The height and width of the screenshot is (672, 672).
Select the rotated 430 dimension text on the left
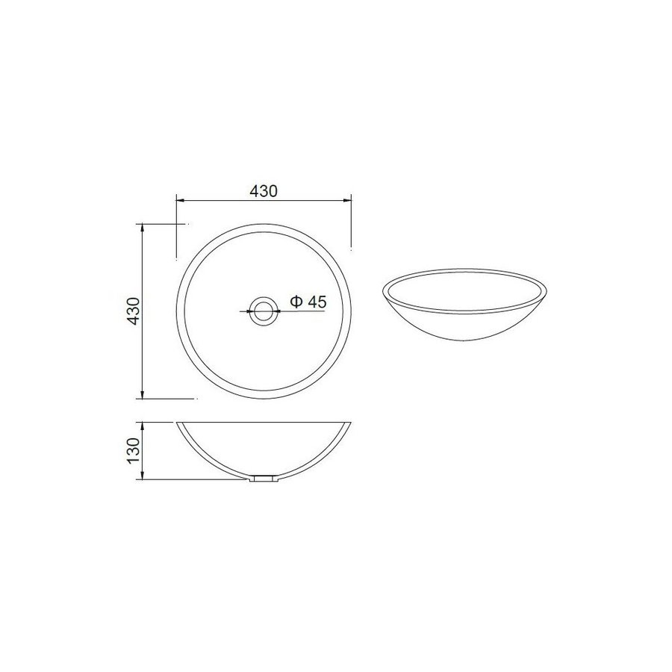[134, 311]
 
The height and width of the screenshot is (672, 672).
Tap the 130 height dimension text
[134, 451]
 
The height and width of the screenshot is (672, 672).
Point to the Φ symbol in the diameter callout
[296, 302]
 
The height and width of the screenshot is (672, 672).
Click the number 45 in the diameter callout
[317, 302]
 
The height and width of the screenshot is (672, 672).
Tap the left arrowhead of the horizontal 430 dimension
[178, 200]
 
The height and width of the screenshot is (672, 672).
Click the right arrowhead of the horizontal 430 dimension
[347, 200]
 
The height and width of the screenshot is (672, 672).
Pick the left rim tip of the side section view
[178, 423]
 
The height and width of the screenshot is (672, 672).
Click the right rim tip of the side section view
[349, 423]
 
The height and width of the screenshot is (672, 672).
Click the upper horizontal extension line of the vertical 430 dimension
[161, 223]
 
